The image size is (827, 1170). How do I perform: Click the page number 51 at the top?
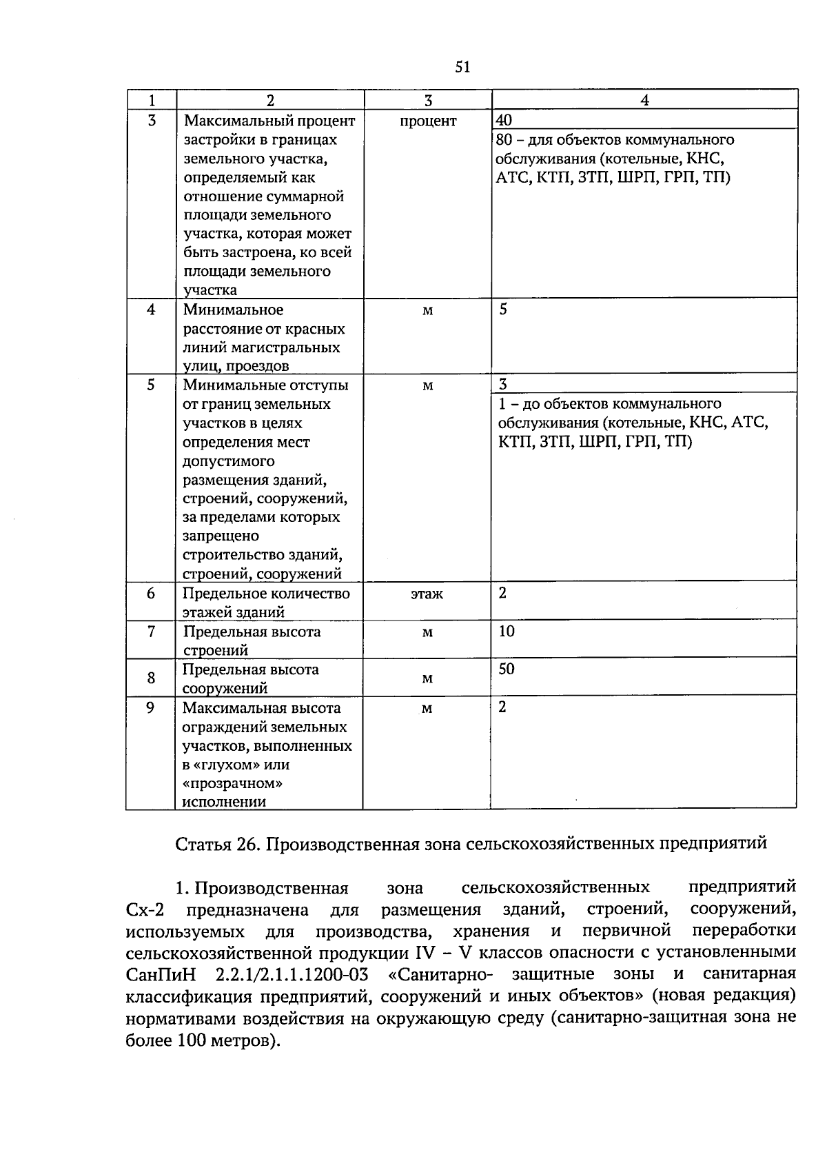click(x=462, y=66)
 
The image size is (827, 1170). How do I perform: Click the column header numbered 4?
click(x=644, y=100)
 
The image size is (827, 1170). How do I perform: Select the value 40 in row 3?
click(x=504, y=121)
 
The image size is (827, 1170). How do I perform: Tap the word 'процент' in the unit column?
click(x=427, y=121)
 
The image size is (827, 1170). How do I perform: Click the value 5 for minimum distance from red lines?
click(x=503, y=309)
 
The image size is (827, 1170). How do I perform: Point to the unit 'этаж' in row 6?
click(x=427, y=594)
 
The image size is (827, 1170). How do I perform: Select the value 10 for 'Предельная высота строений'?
click(x=507, y=631)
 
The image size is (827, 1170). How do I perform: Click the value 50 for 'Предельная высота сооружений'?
click(x=507, y=669)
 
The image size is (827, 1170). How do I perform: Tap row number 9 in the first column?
click(x=151, y=707)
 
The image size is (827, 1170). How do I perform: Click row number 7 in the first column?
click(x=151, y=632)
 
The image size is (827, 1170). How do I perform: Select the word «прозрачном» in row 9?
click(x=234, y=783)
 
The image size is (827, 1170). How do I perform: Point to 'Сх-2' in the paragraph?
click(x=145, y=910)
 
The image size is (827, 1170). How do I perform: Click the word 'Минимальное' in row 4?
click(x=233, y=310)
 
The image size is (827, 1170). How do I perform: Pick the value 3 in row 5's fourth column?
click(x=502, y=385)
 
